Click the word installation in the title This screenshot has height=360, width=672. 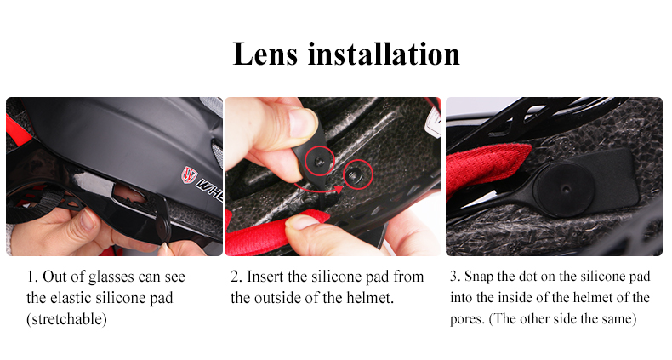coord(384,54)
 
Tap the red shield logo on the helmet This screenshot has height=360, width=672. coord(189,174)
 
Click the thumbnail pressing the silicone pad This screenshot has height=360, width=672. coord(302,123)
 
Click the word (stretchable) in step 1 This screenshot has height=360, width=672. coord(66,319)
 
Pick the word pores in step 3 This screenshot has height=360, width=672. coord(467,320)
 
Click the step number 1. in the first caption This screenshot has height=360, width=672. coord(32,277)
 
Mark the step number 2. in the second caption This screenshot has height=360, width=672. coord(236,277)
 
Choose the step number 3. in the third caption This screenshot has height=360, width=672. coord(455,277)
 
